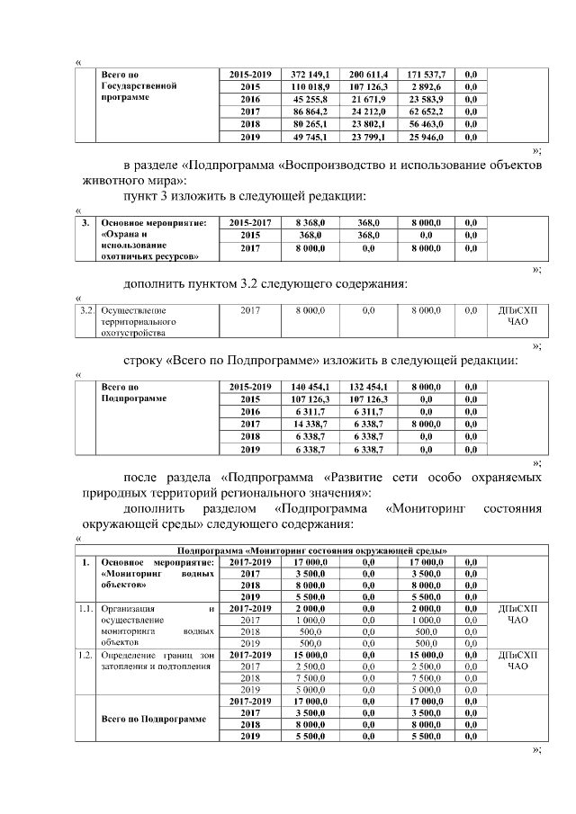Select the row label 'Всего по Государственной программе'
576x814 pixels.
(138, 85)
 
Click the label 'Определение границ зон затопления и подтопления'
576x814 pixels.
(157, 660)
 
